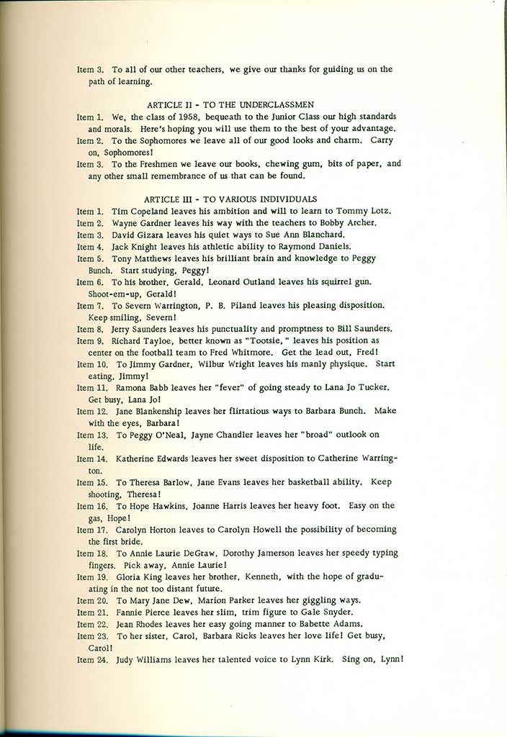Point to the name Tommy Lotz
(x=366, y=211)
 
